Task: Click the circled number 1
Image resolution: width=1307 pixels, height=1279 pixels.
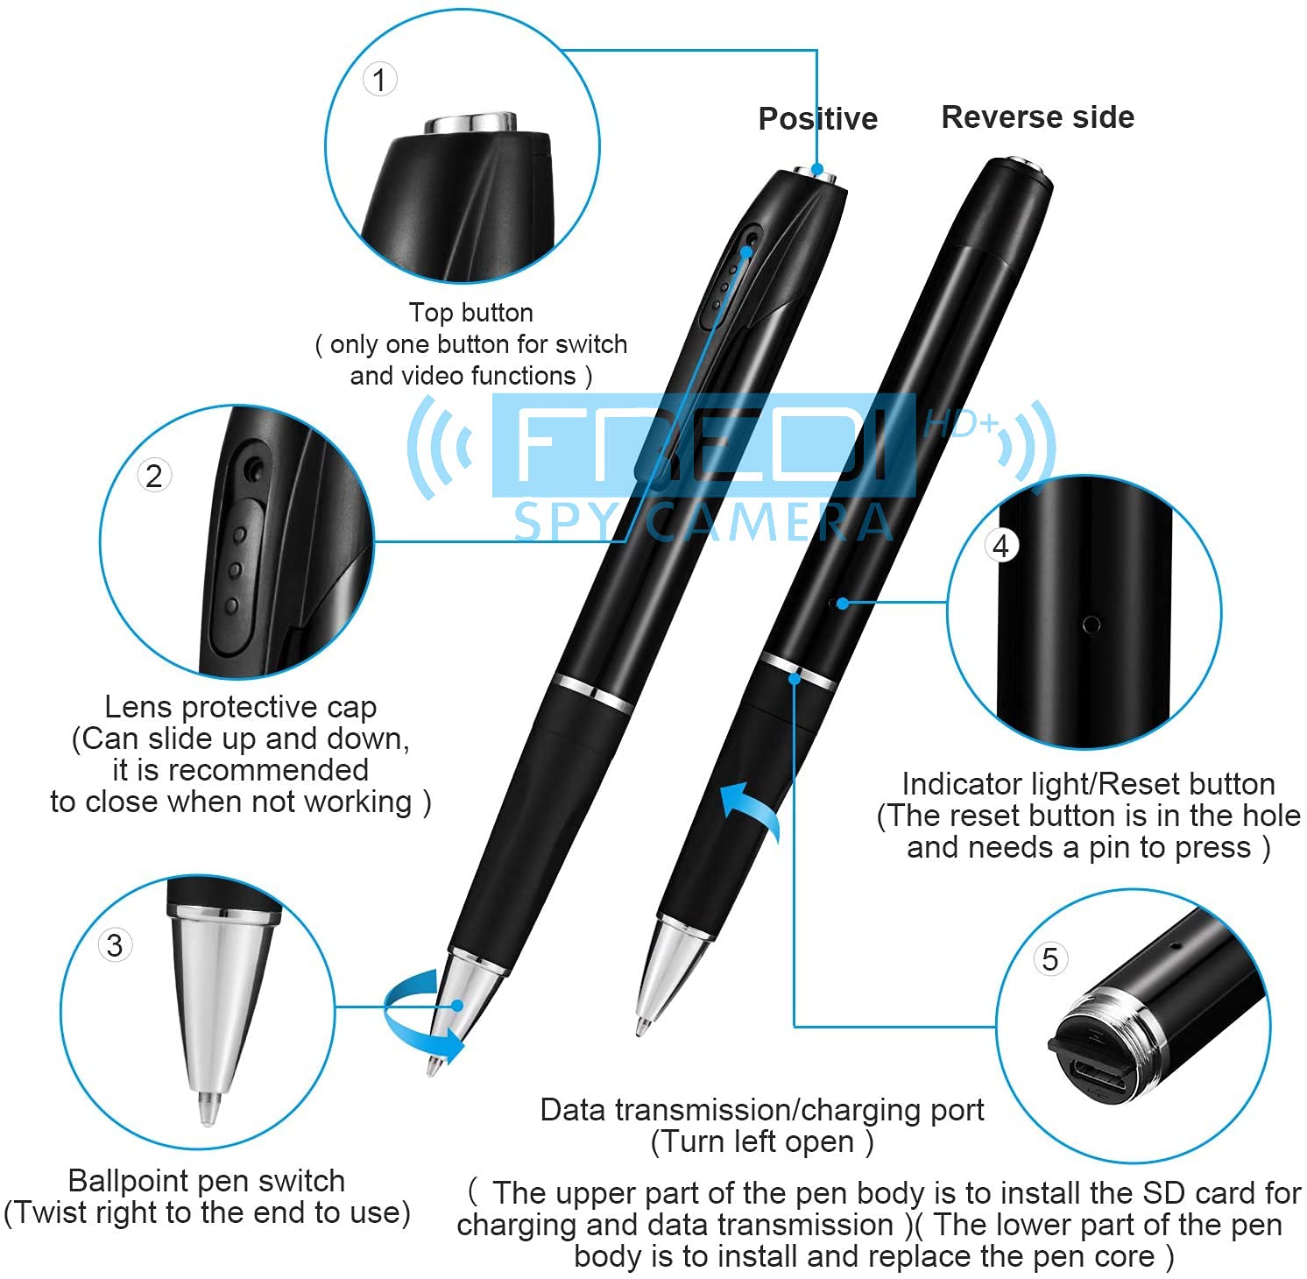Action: click(x=379, y=80)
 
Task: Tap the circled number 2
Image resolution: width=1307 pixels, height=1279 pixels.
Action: click(x=154, y=476)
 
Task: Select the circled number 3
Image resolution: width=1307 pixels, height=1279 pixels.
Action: click(x=115, y=945)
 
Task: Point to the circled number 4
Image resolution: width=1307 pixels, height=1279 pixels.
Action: click(x=1001, y=546)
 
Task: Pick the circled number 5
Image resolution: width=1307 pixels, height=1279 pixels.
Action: click(x=1050, y=959)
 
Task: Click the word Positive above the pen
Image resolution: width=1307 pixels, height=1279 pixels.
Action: click(x=818, y=118)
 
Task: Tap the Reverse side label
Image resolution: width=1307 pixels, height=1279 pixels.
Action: click(x=1038, y=117)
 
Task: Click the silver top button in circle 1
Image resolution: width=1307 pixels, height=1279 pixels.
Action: click(x=470, y=123)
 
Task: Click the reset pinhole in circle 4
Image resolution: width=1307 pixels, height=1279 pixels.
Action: click(x=1092, y=625)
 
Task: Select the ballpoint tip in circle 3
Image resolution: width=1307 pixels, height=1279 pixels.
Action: click(x=208, y=1108)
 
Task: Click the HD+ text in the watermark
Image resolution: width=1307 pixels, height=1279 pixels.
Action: click(x=962, y=425)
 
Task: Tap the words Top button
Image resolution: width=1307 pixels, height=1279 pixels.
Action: click(x=471, y=313)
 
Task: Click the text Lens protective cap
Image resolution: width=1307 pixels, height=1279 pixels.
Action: click(x=241, y=707)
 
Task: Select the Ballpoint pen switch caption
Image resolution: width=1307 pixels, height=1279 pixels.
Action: click(x=207, y=1181)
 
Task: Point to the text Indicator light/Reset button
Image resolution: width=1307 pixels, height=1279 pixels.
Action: click(x=1089, y=784)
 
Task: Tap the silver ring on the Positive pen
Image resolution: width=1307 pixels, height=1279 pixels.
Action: click(x=593, y=692)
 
